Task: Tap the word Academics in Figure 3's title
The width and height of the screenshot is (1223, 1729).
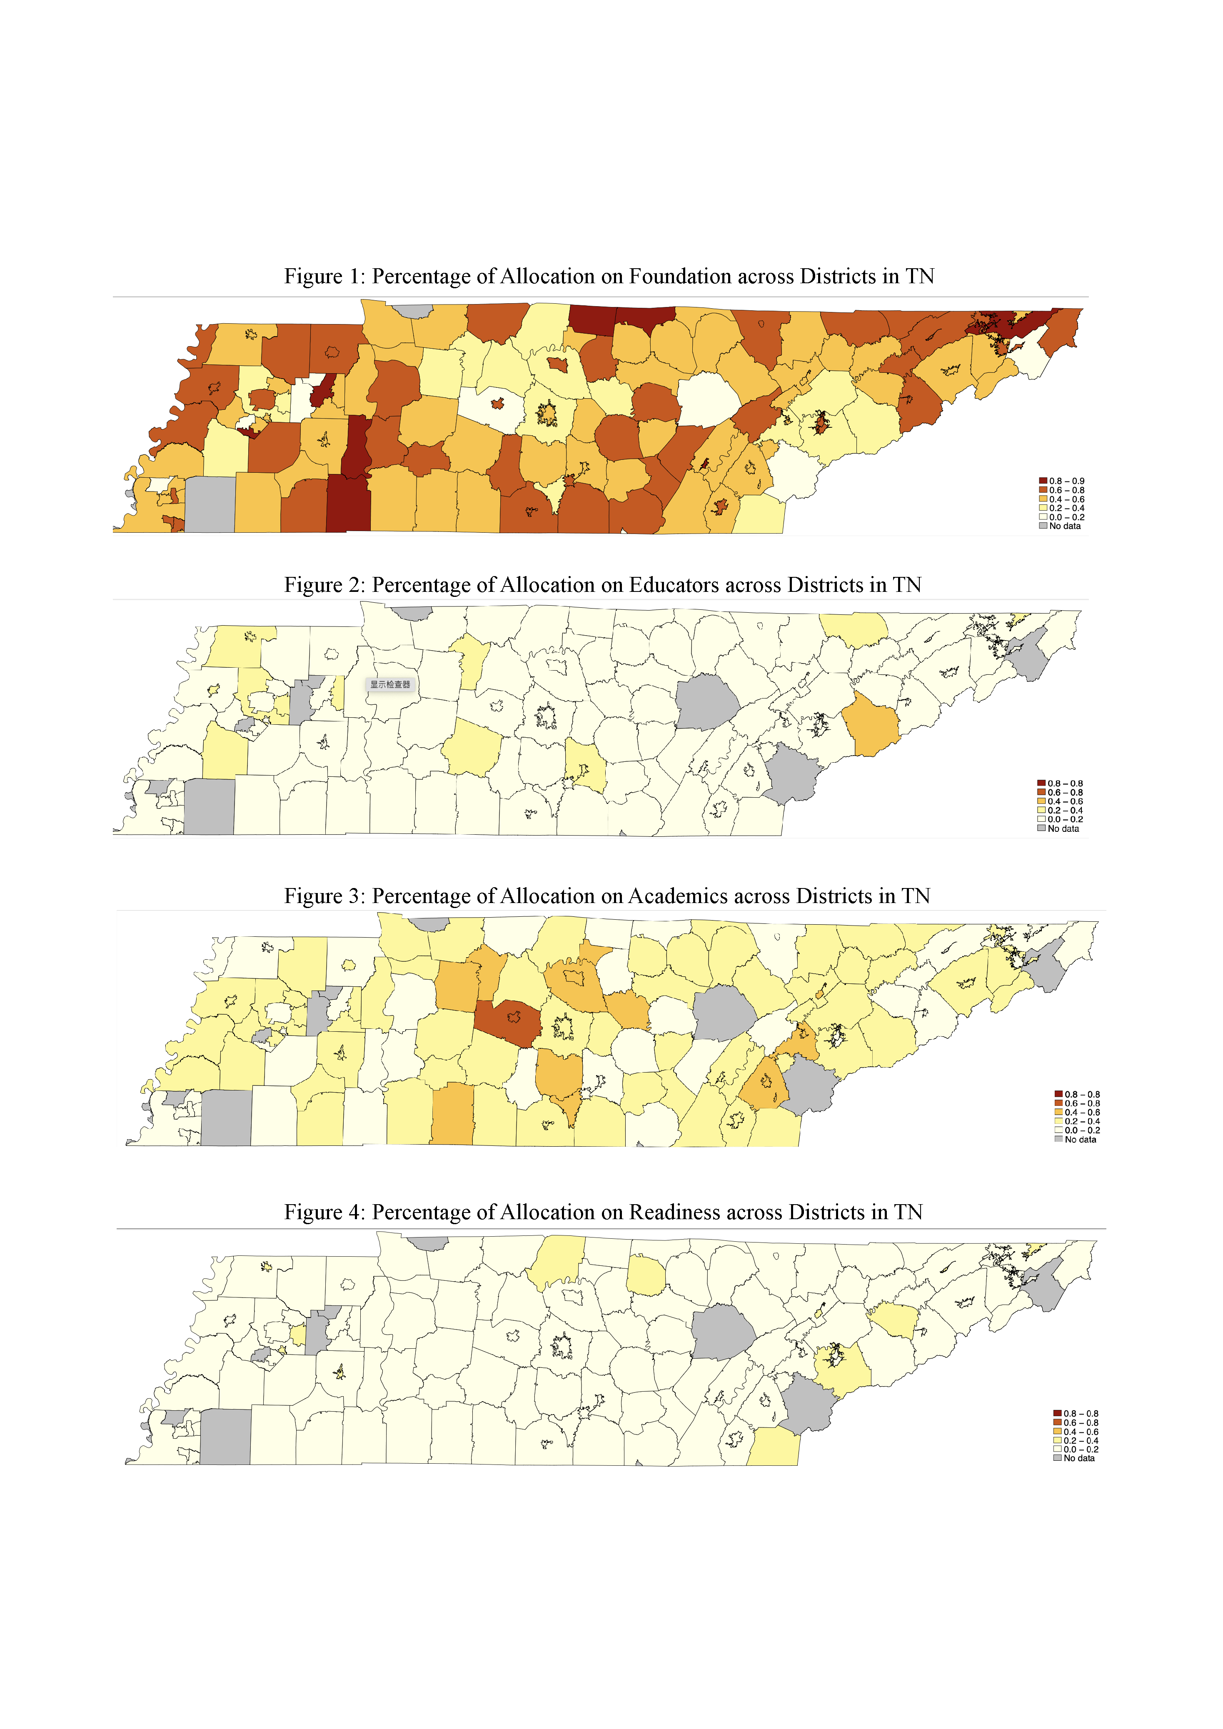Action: pyautogui.click(x=678, y=896)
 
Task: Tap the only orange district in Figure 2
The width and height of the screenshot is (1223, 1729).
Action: pyautogui.click(x=871, y=724)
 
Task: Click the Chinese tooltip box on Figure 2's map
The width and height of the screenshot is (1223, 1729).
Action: pyautogui.click(x=390, y=684)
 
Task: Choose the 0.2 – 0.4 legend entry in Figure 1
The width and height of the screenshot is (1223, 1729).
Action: pyautogui.click(x=1062, y=508)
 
